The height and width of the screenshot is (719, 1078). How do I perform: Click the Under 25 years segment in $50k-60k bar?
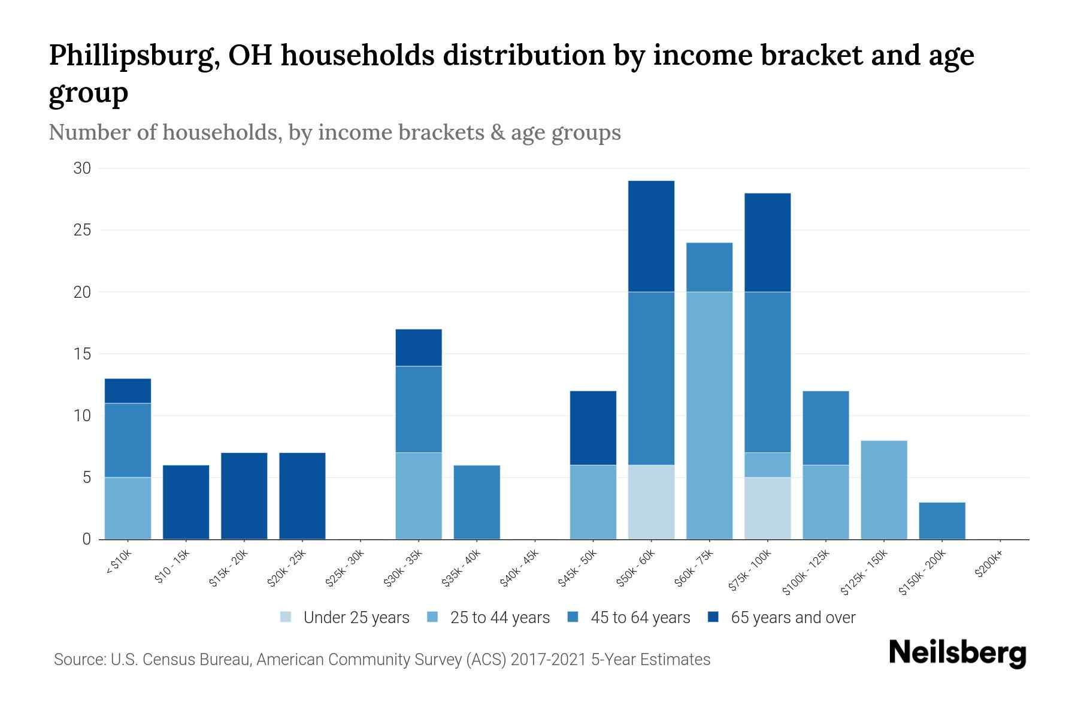[651, 502]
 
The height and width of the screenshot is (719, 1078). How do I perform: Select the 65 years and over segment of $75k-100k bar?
[767, 243]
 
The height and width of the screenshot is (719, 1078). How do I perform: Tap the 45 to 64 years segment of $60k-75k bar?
[709, 267]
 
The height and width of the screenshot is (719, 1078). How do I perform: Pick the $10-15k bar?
[186, 502]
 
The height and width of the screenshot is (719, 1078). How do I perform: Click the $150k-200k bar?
[942, 521]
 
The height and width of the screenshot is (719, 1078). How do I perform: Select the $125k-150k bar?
[884, 490]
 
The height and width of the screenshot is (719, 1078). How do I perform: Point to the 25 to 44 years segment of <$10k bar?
[128, 508]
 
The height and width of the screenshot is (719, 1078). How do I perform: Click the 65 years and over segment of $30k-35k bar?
[419, 348]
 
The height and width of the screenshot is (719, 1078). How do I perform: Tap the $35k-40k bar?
[477, 502]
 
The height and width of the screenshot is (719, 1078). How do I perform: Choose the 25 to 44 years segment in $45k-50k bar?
[593, 502]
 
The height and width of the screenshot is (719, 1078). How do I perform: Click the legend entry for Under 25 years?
[345, 618]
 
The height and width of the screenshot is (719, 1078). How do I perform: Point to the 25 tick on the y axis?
[82, 230]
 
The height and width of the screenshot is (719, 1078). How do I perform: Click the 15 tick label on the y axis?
[82, 354]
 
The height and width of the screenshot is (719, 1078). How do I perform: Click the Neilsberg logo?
[957, 653]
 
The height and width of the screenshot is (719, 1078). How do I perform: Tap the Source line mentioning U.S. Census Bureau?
[382, 660]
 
